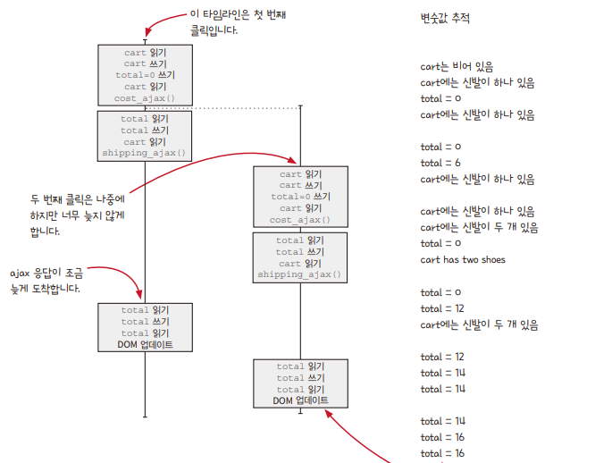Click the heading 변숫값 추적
pyautogui.click(x=445, y=18)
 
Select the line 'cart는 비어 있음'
pyautogui.click(x=457, y=66)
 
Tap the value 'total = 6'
pyautogui.click(x=441, y=163)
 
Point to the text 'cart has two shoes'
pyautogui.click(x=462, y=259)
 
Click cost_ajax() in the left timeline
pyautogui.click(x=145, y=98)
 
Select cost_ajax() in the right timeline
pyautogui.click(x=299, y=220)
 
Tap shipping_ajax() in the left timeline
pyautogui.click(x=145, y=153)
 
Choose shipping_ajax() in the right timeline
pyautogui.click(x=299, y=274)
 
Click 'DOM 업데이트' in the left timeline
pyautogui.click(x=145, y=344)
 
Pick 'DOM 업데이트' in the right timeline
pyautogui.click(x=300, y=400)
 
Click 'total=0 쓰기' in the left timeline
pyautogui.click(x=145, y=75)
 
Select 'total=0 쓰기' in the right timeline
pyautogui.click(x=299, y=197)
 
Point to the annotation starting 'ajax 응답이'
pyautogui.click(x=45, y=280)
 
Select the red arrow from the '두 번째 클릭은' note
pyautogui.click(x=205, y=161)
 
